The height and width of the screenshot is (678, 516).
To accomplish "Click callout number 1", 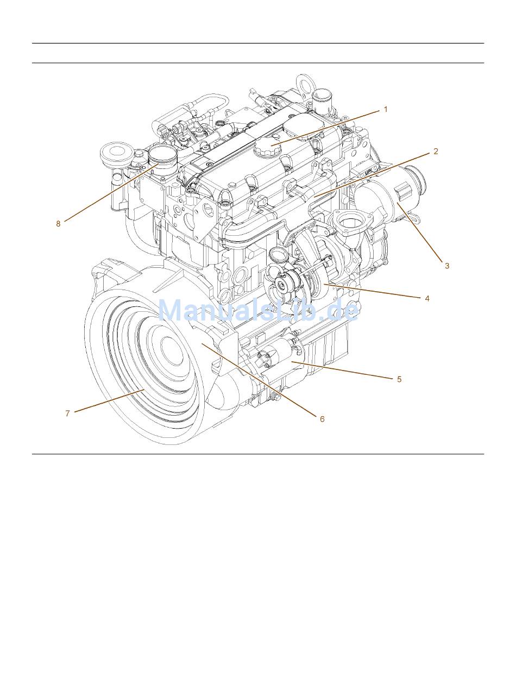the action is [386, 109].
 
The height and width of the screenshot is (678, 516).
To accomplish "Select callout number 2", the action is [436, 152].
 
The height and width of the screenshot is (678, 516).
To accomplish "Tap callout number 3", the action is [446, 266].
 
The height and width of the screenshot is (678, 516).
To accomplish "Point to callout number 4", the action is [427, 298].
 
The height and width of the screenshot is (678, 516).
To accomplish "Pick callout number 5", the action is [399, 379].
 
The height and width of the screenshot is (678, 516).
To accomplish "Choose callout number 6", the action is [322, 419].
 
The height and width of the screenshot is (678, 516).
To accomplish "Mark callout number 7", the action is [67, 413].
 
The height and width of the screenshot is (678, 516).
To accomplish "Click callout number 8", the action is [58, 223].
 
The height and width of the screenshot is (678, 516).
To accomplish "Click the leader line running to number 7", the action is [109, 401].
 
